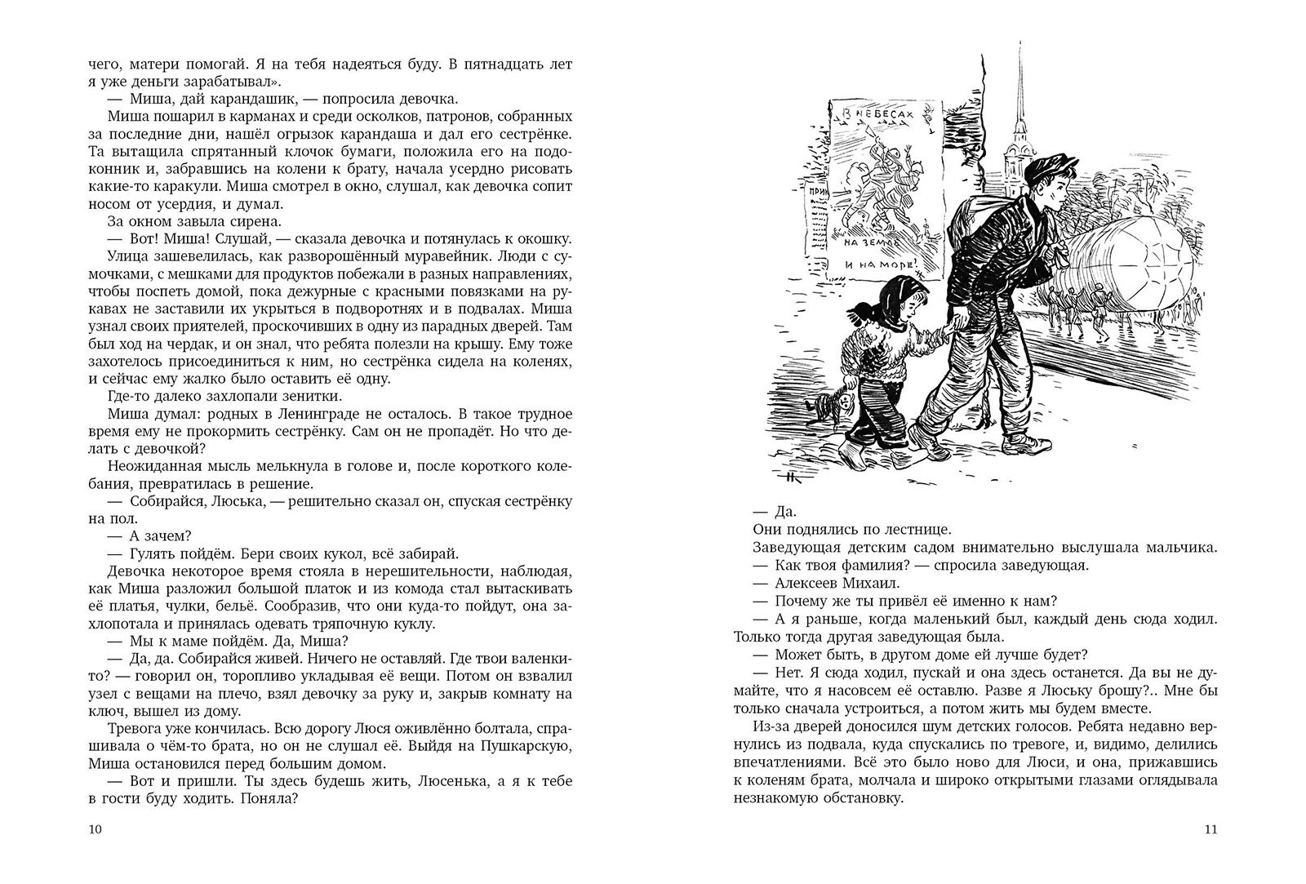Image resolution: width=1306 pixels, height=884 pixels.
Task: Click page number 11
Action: click(x=1210, y=830)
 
